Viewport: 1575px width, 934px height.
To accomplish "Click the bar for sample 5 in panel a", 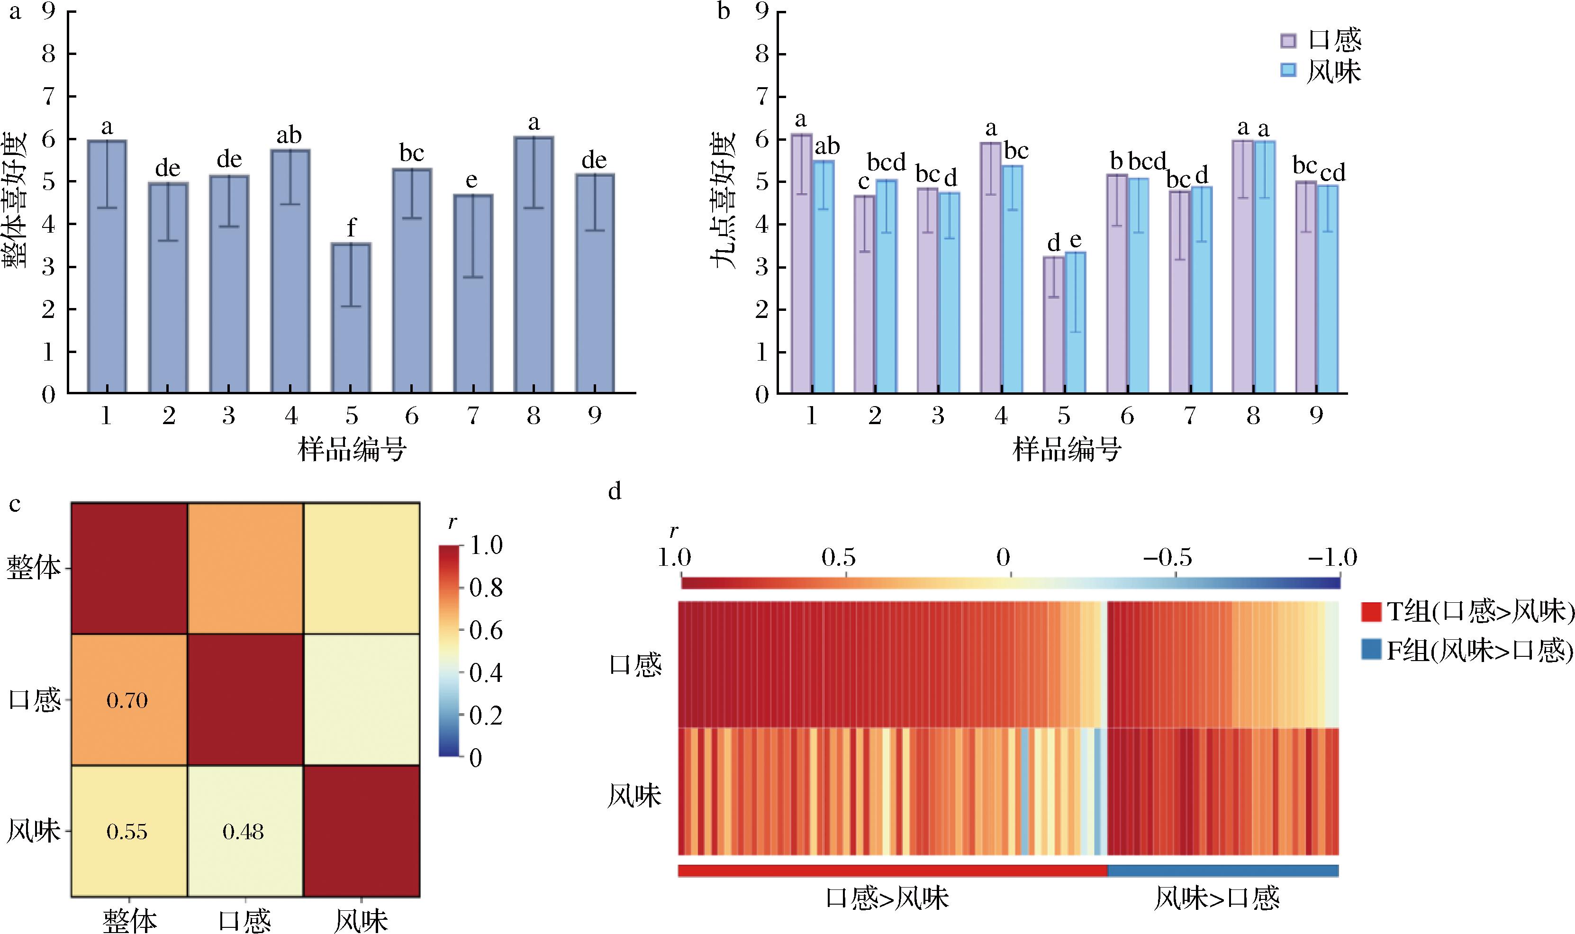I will coord(351,318).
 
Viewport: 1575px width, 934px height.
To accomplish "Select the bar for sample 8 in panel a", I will coord(534,264).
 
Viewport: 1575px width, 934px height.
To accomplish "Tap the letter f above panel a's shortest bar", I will coord(351,227).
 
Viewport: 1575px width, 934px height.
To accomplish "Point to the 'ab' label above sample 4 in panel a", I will coord(290,136).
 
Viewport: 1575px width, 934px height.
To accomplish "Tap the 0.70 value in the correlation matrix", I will coord(127,700).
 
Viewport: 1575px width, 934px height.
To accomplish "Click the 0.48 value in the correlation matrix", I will coord(243,832).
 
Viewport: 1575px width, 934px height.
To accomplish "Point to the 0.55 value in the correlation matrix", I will coord(127,832).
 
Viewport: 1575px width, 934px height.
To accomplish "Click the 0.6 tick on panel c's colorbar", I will coord(486,630).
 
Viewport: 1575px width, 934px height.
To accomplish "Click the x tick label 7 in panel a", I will coord(472,416).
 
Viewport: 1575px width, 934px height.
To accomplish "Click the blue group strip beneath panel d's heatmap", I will coord(1222,871).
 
